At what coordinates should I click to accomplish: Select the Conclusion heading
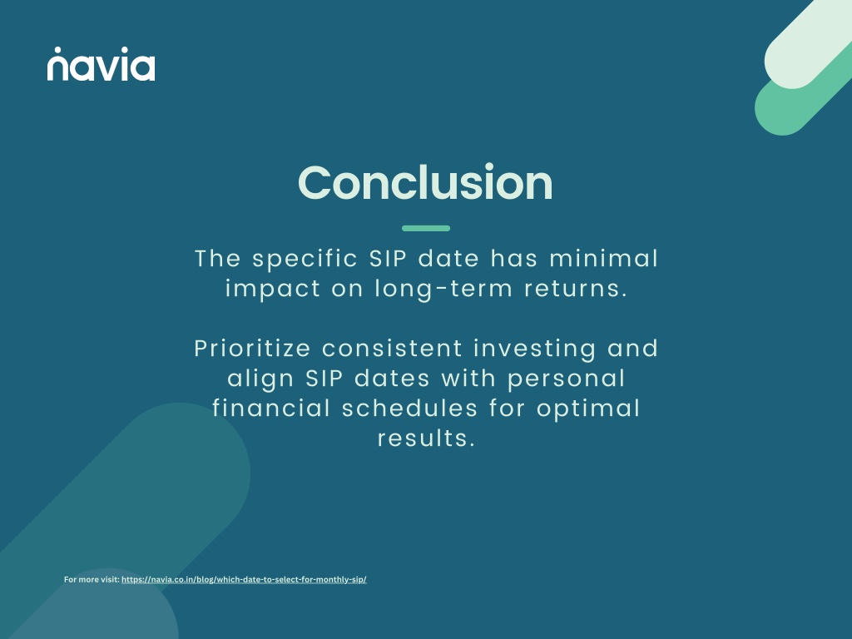[425, 182]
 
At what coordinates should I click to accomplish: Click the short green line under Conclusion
[426, 228]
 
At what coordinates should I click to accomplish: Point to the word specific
[305, 260]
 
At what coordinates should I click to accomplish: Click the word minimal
[604, 258]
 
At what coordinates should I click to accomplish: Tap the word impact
[273, 289]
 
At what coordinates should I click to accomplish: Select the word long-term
[443, 289]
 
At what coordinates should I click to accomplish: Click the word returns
[576, 289]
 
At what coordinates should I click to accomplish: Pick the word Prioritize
[252, 349]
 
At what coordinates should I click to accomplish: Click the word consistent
[393, 349]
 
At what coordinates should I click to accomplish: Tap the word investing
[535, 349]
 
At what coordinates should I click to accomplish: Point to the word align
[260, 379]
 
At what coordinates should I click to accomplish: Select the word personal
[566, 379]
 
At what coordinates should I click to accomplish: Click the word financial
[271, 409]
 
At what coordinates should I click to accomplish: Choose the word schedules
[409, 409]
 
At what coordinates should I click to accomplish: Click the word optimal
[588, 409]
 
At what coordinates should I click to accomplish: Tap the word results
[427, 438]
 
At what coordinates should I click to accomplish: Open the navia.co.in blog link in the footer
[244, 579]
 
